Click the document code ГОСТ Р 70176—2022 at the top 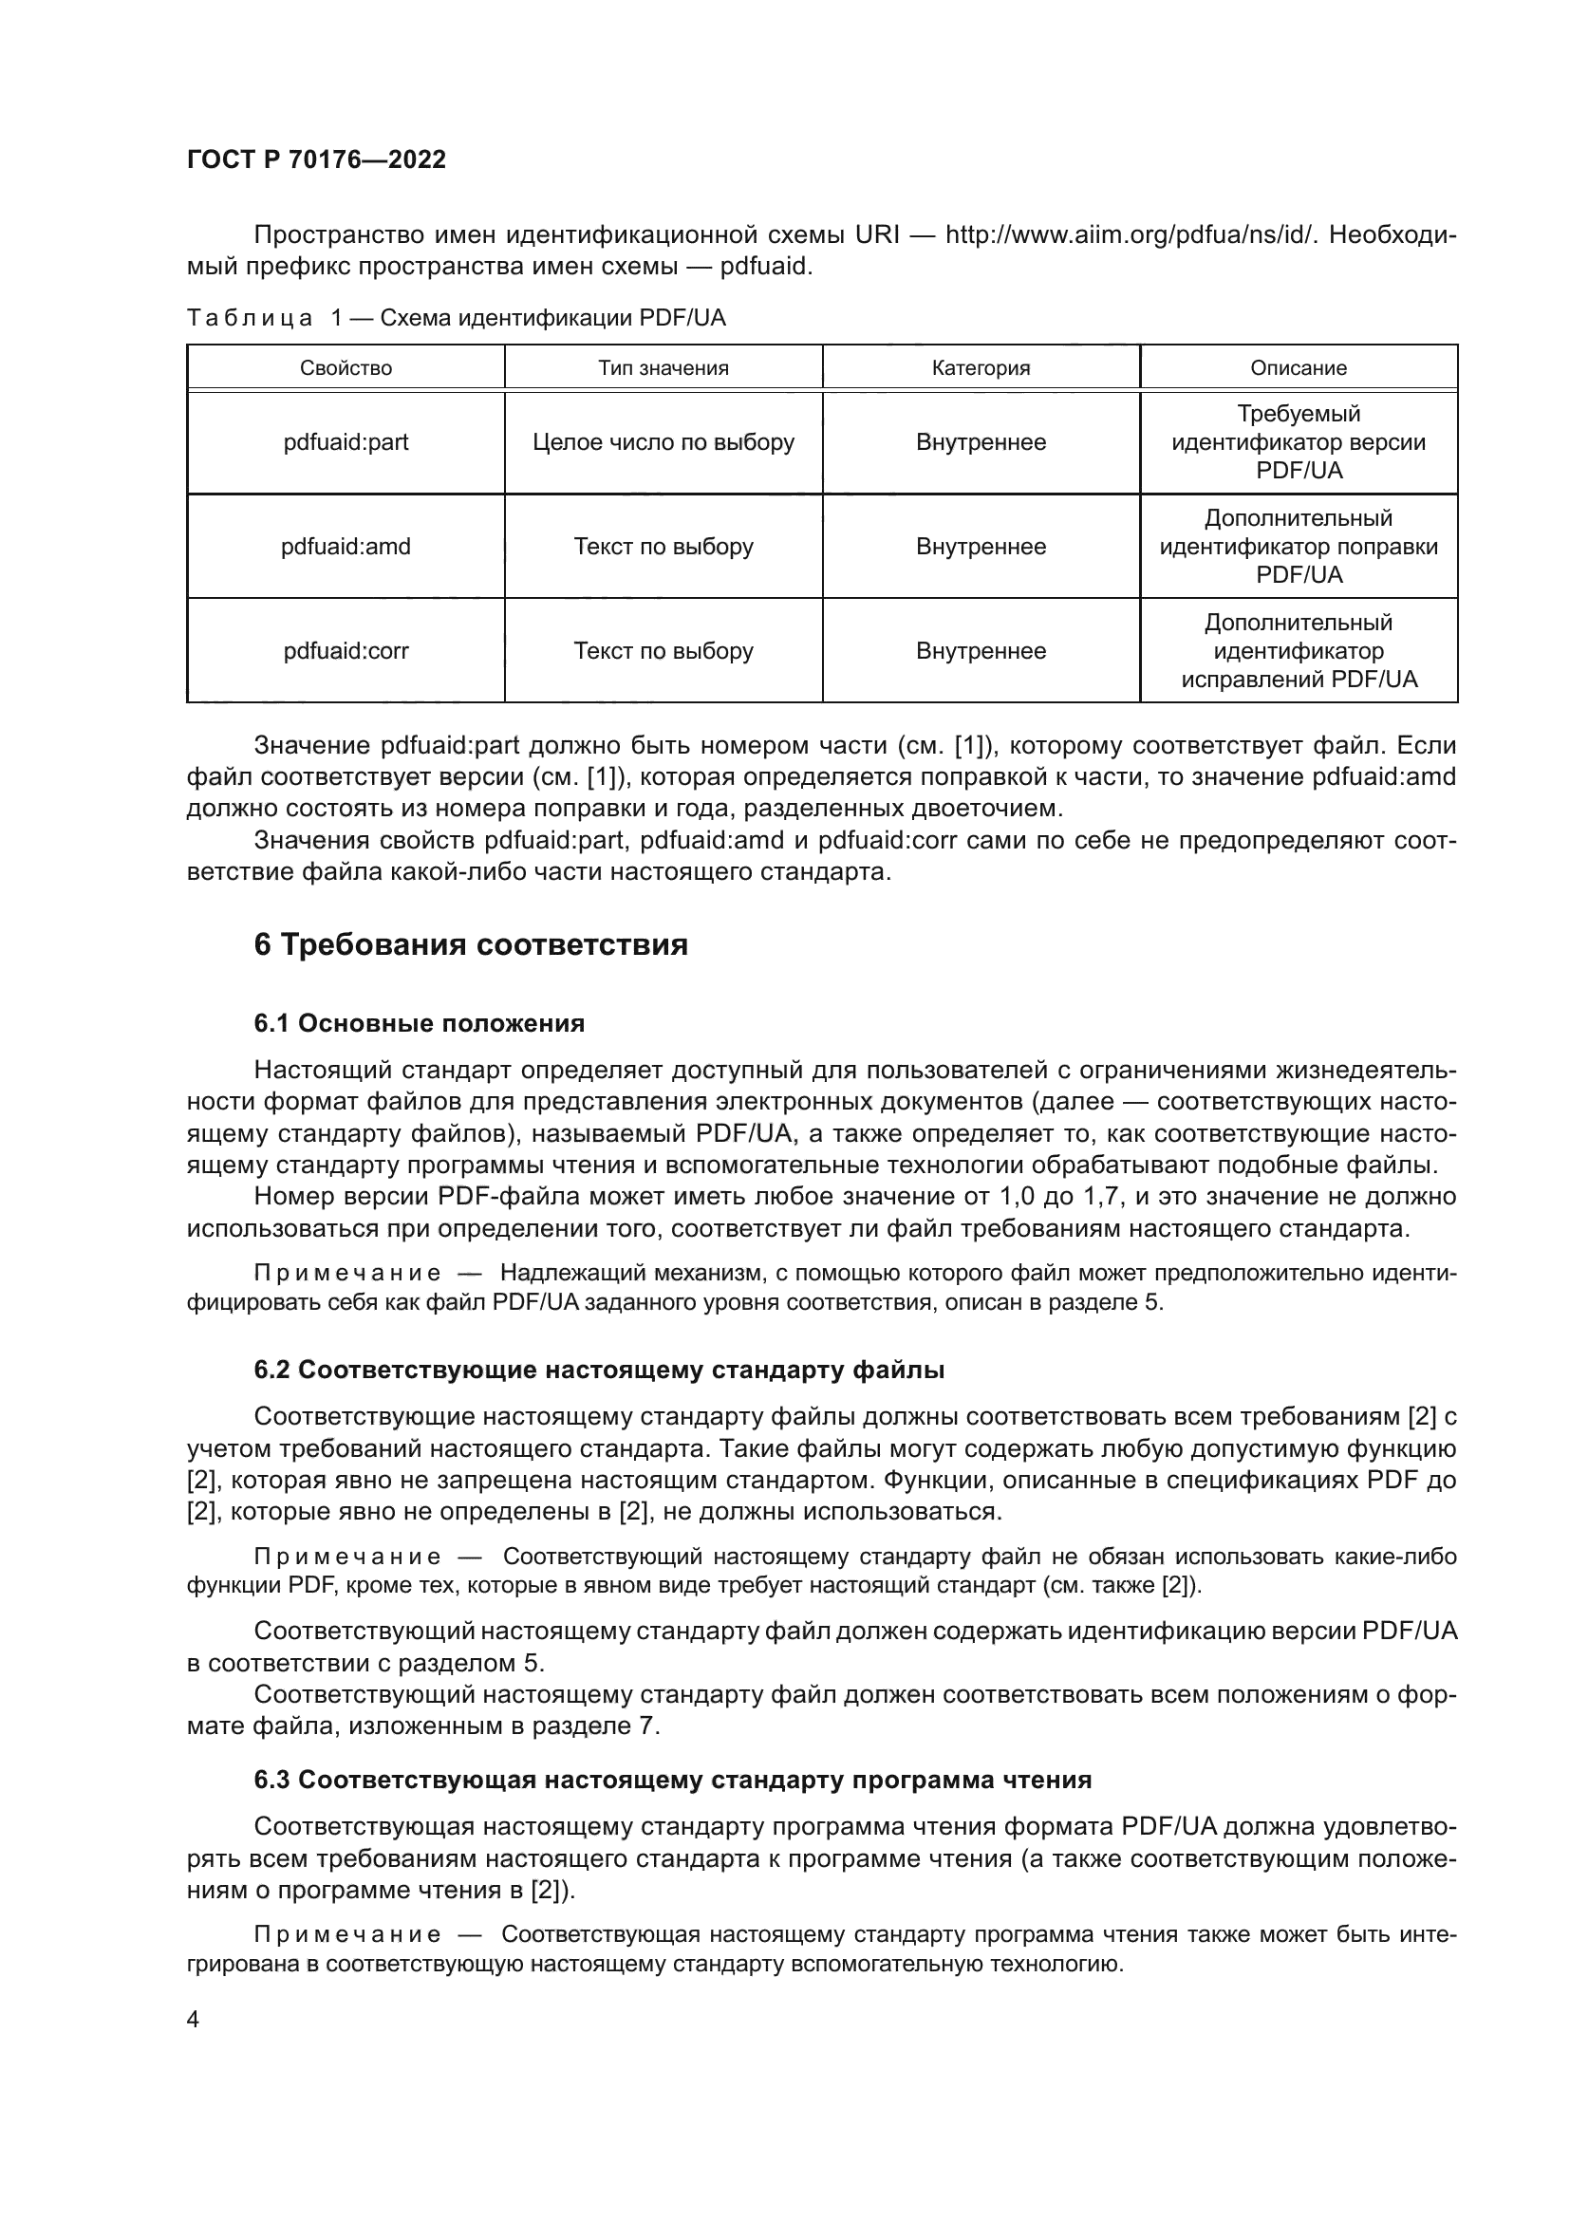(316, 159)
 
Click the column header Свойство (346, 368)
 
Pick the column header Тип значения (664, 368)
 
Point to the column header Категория (981, 368)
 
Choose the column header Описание (1299, 368)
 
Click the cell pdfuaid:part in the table (346, 443)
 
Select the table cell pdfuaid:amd (346, 548)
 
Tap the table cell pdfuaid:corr (346, 652)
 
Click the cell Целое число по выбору (664, 443)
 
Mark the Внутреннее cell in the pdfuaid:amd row (981, 548)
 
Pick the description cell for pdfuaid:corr (1299, 652)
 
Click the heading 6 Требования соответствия (471, 944)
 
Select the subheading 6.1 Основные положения (419, 1023)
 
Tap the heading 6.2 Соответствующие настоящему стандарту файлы (598, 1371)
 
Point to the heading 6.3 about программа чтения (672, 1780)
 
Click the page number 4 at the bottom (194, 2020)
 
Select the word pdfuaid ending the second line (763, 267)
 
